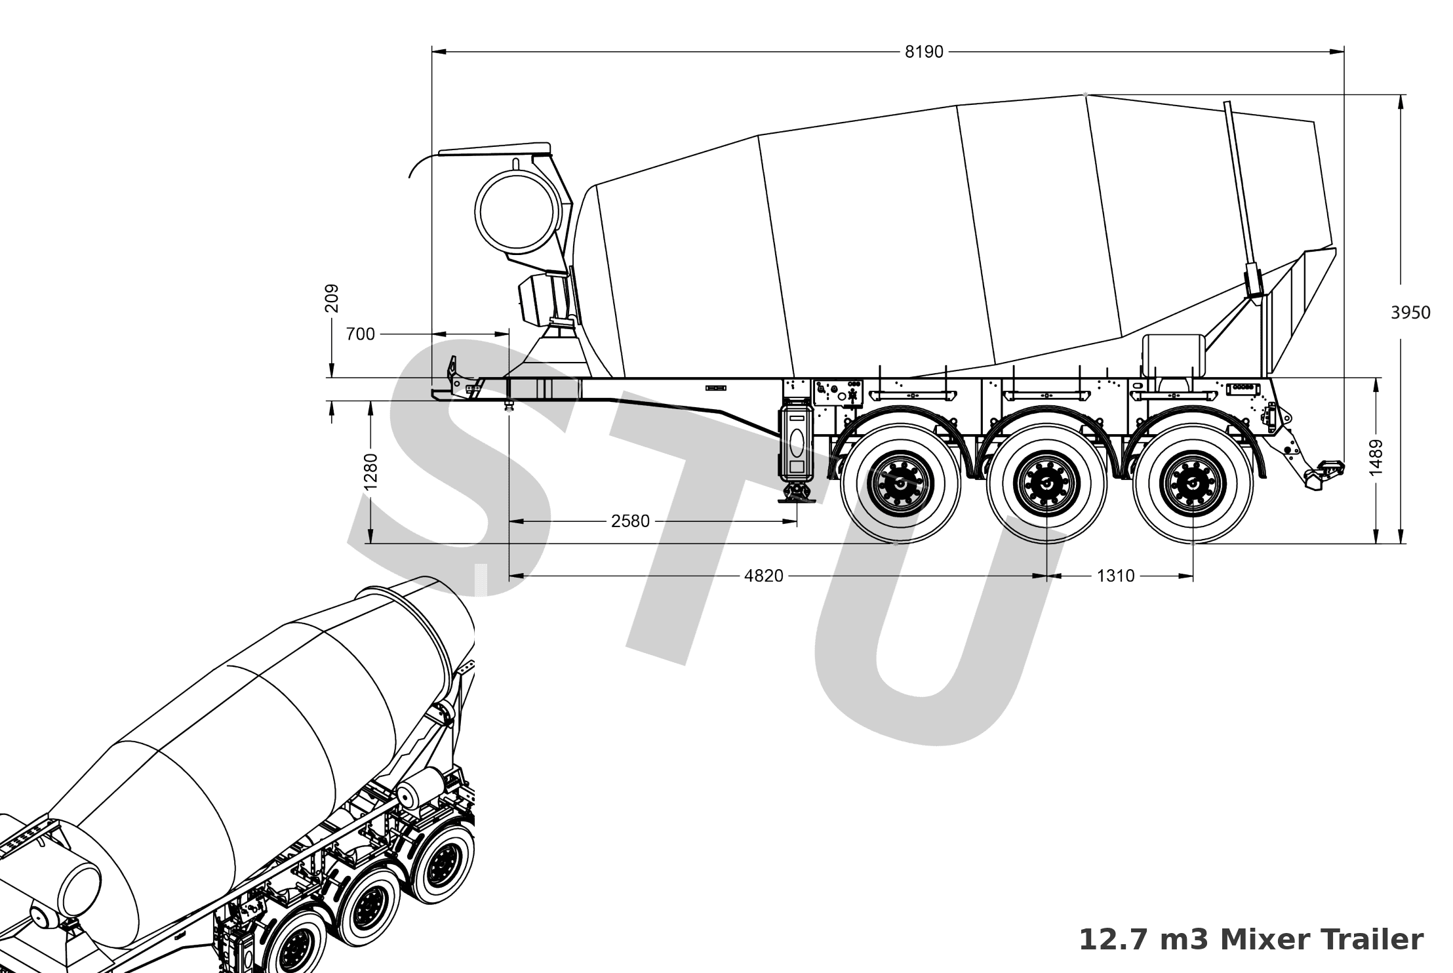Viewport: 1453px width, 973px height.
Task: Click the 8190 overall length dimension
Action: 923,52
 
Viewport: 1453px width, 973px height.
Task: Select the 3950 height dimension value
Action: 1410,313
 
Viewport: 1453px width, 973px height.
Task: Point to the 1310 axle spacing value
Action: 1115,576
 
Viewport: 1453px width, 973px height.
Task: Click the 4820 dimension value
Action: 764,576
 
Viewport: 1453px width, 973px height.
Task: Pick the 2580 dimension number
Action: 630,521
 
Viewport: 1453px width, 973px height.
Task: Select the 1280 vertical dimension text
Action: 370,471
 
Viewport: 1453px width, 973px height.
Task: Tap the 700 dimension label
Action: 360,334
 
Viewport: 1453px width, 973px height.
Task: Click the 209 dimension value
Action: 332,298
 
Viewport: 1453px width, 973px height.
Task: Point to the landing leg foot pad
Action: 797,500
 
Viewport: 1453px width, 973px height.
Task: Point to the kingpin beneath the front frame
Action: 509,406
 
